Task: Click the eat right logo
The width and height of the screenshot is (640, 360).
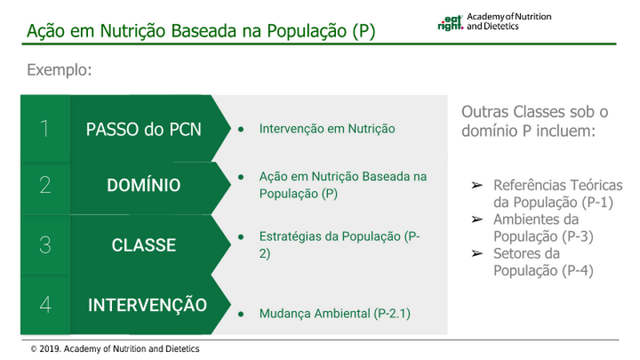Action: pos(450,23)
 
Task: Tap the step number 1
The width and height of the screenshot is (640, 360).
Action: pos(45,129)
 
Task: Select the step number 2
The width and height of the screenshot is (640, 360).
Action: pos(45,185)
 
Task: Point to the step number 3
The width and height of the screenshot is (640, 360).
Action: pos(45,245)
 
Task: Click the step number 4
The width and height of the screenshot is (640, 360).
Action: pos(46,305)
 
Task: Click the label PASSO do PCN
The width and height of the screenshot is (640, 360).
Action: pos(144,130)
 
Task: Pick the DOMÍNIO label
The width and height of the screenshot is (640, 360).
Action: pos(144,186)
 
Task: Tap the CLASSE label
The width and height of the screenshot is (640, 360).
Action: pos(144,245)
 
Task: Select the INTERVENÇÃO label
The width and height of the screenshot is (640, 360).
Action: pos(147,305)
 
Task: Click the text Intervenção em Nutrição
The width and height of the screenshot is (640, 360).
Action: pos(327,129)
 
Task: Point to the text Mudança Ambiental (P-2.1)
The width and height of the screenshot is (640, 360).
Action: pos(334,314)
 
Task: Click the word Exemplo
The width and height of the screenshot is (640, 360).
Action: pos(59,70)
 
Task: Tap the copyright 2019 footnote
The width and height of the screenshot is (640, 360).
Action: pos(115,349)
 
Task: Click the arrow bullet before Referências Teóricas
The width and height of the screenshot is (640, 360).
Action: pos(477,186)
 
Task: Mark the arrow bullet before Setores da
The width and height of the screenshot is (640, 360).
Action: pos(477,254)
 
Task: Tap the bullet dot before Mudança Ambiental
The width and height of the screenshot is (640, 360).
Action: pos(241,314)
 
